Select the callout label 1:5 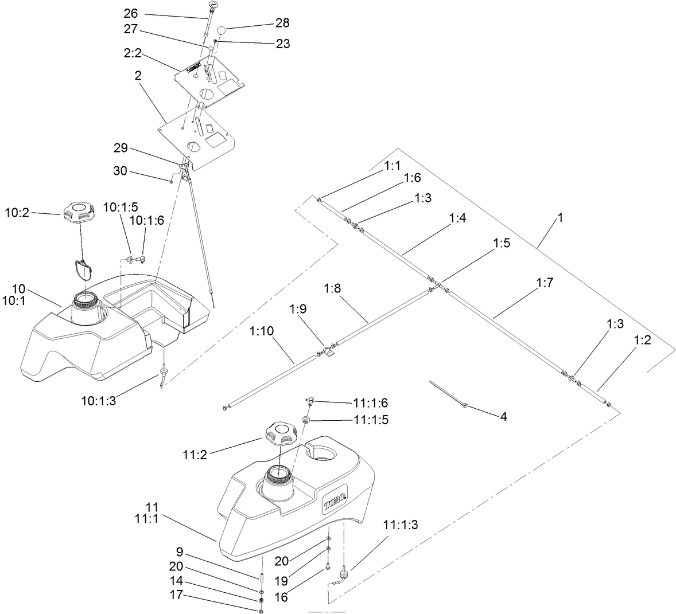tap(501, 243)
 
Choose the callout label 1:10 tap(262, 331)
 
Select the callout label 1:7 tap(545, 283)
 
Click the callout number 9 tap(180, 554)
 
